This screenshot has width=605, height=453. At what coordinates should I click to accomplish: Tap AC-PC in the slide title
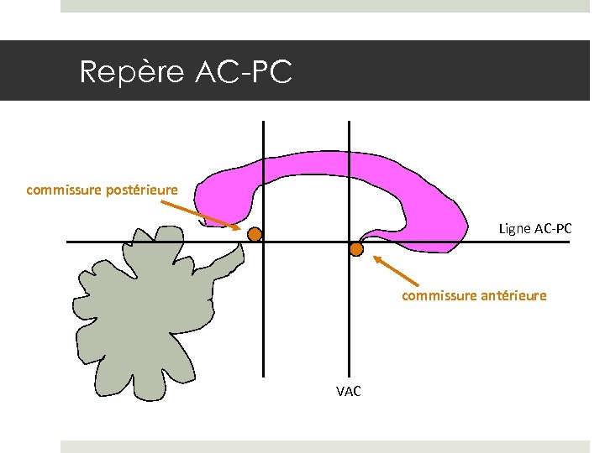coord(243,72)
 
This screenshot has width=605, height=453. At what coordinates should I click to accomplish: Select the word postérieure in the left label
coord(142,190)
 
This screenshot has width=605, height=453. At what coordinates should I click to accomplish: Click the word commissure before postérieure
coord(65,190)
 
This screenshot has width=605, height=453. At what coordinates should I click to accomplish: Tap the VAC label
coord(348,391)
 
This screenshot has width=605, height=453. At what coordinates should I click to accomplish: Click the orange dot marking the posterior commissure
coord(254,235)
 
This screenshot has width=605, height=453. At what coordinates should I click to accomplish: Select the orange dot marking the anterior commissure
coord(356,249)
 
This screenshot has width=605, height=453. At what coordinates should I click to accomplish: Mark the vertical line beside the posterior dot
coord(263,319)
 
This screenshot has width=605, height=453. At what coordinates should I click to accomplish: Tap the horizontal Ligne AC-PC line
coord(504,242)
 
